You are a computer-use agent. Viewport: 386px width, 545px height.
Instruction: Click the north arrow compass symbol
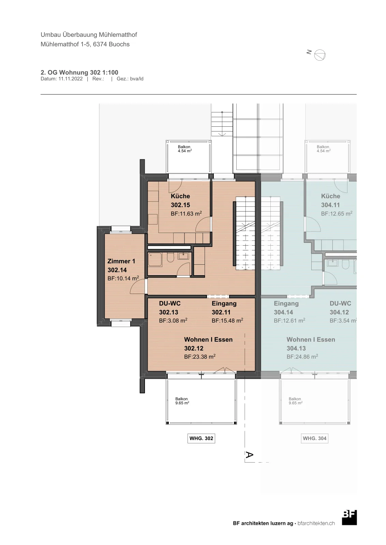pos(320,55)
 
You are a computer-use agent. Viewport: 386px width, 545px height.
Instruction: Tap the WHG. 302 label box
pos(201,438)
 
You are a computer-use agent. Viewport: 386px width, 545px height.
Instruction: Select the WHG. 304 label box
pos(314,438)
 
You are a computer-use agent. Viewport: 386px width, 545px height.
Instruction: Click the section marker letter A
pos(249,454)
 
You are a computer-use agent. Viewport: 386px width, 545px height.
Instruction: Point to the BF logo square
pos(349,518)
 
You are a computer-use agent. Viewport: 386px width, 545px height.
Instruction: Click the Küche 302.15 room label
pos(180,201)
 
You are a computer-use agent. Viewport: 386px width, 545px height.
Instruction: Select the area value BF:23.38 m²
pos(200,357)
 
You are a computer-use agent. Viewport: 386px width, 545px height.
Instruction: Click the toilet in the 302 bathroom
pos(170,257)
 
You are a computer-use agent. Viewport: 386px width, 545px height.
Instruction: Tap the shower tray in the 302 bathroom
pos(155,260)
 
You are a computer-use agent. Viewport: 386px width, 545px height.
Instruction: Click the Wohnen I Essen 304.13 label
pos(311,344)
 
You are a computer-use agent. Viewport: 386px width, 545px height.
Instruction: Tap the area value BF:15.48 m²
pos(227,321)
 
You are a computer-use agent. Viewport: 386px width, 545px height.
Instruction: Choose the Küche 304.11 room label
pos(330,201)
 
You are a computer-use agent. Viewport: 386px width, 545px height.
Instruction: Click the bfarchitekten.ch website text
pos(316,523)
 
